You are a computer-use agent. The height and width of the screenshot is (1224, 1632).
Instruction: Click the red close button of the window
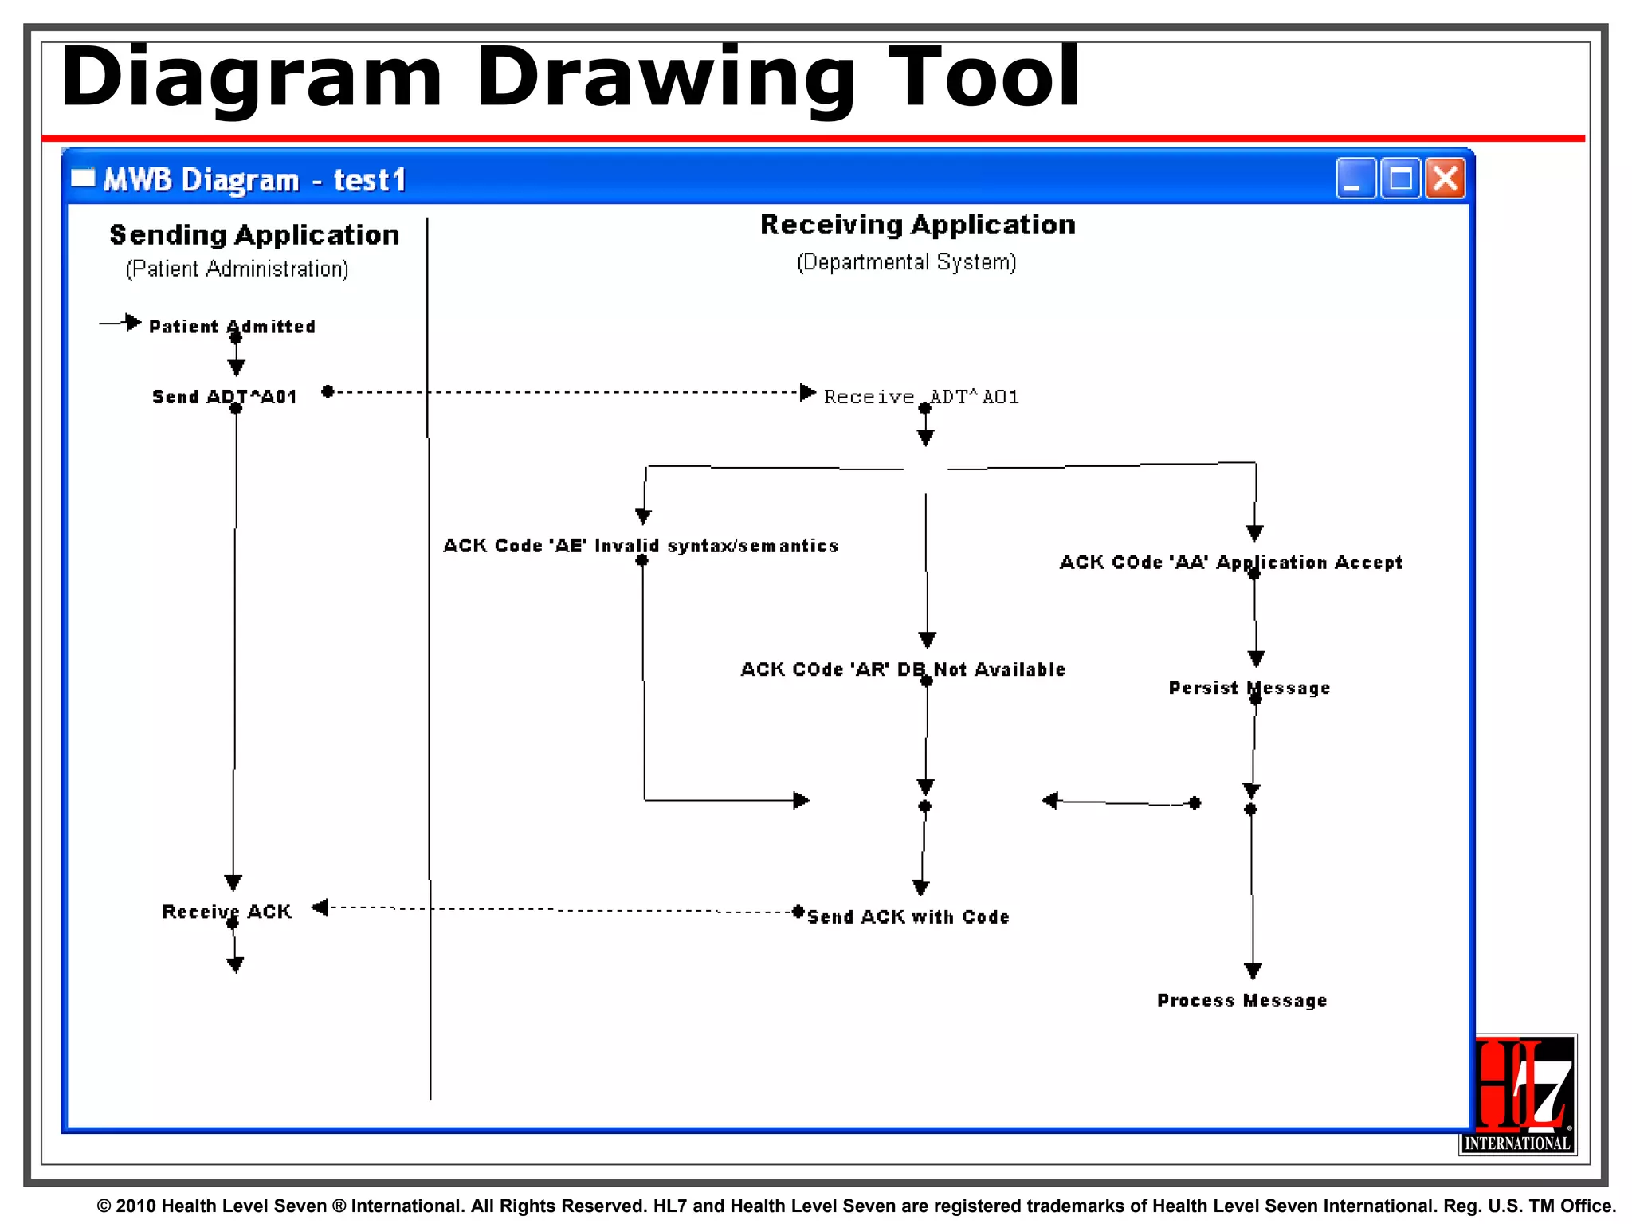1446,178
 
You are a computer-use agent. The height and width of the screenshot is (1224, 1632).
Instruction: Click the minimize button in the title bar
1355,178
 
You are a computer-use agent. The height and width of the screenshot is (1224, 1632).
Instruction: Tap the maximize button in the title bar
1400,178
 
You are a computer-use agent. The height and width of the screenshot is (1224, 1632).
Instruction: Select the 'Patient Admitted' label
232,327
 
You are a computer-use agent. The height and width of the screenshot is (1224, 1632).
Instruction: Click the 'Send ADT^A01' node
225,397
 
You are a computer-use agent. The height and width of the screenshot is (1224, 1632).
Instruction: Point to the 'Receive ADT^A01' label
921,397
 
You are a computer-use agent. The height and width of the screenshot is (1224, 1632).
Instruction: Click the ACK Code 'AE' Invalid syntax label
641,546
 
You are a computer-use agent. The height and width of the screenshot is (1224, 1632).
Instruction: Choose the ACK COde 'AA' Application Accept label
1230,563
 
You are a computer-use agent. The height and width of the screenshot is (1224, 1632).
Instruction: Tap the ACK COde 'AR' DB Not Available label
903,669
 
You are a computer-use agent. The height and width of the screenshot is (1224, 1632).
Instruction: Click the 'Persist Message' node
1249,688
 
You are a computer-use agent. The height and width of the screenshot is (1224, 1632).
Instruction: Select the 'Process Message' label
1242,1001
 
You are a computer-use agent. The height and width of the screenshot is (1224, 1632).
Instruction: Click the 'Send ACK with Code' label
908,917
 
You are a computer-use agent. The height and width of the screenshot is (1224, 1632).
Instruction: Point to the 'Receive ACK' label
227,912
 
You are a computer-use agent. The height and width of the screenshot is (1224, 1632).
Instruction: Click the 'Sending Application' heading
254,235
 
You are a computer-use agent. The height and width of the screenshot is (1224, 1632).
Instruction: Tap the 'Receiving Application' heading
917,226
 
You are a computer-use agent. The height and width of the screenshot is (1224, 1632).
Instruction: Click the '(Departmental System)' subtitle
906,262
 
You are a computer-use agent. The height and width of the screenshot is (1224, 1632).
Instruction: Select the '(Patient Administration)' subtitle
237,269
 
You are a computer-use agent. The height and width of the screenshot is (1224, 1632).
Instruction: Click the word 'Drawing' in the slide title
665,78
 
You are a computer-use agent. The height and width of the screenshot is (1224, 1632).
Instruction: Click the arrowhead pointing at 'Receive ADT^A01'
807,392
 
